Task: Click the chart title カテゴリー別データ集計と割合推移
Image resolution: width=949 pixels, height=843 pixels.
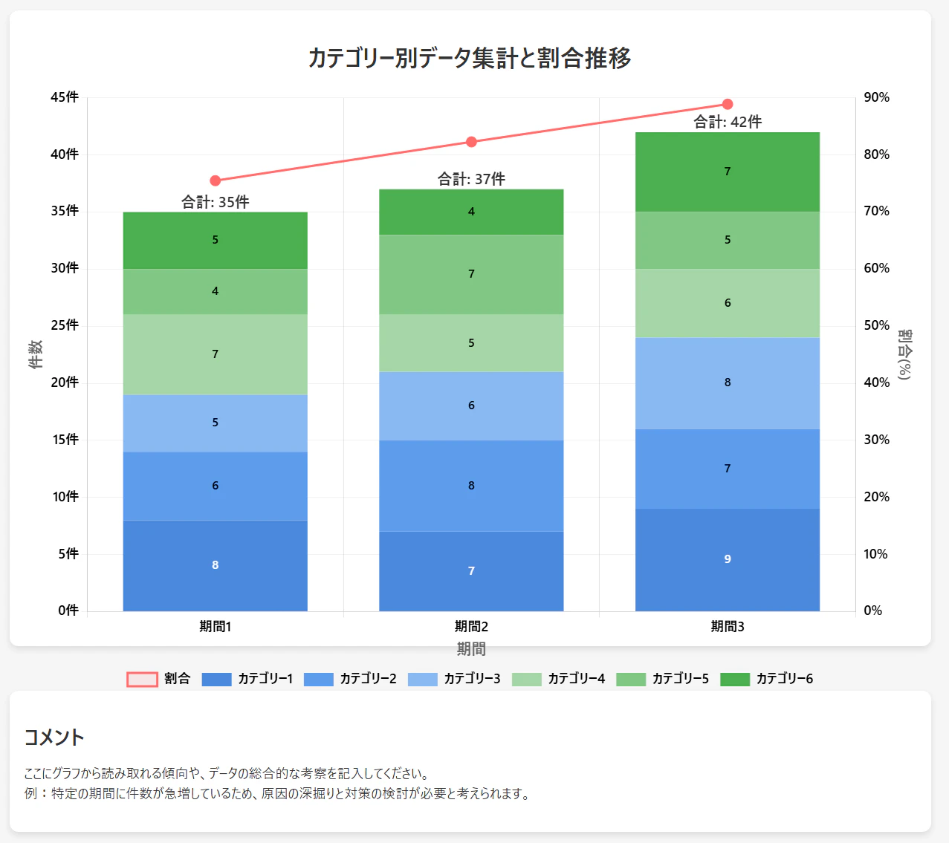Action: click(x=470, y=58)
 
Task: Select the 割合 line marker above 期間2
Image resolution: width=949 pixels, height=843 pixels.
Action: click(x=471, y=142)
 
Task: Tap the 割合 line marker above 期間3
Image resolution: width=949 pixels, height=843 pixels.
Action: click(x=728, y=104)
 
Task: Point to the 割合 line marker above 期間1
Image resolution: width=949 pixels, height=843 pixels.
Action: click(x=216, y=180)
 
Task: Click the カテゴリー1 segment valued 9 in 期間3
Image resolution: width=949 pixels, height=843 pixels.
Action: click(x=728, y=559)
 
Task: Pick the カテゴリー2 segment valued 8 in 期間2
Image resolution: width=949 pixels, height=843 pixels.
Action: click(x=471, y=486)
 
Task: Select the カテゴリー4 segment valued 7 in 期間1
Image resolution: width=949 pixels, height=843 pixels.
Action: click(x=216, y=354)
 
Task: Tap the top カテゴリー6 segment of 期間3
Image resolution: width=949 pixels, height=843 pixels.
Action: click(x=728, y=172)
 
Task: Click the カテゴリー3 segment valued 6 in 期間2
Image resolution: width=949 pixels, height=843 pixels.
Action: click(x=471, y=406)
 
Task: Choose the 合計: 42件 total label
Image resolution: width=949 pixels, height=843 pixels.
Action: click(x=728, y=122)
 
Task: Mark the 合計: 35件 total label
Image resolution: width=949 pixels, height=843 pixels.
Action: click(x=216, y=202)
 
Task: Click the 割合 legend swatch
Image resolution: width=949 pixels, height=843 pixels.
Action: click(x=142, y=679)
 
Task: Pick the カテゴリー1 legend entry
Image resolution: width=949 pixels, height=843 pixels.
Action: click(x=247, y=679)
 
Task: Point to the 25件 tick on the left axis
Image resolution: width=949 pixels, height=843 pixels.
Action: click(x=65, y=325)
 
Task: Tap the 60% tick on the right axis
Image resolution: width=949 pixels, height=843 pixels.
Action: click(x=876, y=268)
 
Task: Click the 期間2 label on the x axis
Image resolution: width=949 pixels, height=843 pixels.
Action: click(x=471, y=627)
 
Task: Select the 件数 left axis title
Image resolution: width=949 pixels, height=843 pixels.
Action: click(x=36, y=354)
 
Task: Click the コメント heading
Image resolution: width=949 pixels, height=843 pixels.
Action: click(x=54, y=737)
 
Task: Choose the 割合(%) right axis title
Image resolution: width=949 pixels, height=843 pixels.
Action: click(x=904, y=354)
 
